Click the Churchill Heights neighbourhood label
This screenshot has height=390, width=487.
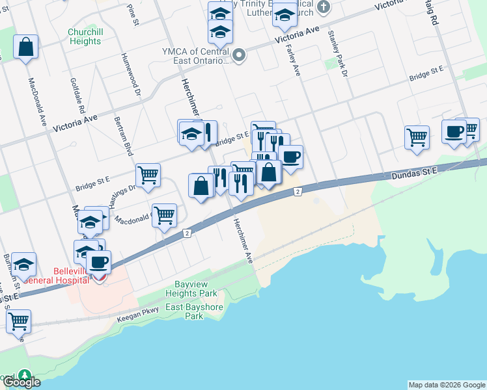(85, 36)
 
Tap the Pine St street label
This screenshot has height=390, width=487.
(134, 14)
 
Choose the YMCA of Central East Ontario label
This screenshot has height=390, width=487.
(195, 56)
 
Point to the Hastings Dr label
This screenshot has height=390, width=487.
(122, 194)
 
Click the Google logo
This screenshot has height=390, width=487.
(21, 382)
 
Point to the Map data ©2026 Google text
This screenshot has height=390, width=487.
(447, 385)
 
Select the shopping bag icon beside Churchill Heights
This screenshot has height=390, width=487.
(25, 47)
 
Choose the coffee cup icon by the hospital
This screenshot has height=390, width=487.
(99, 262)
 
